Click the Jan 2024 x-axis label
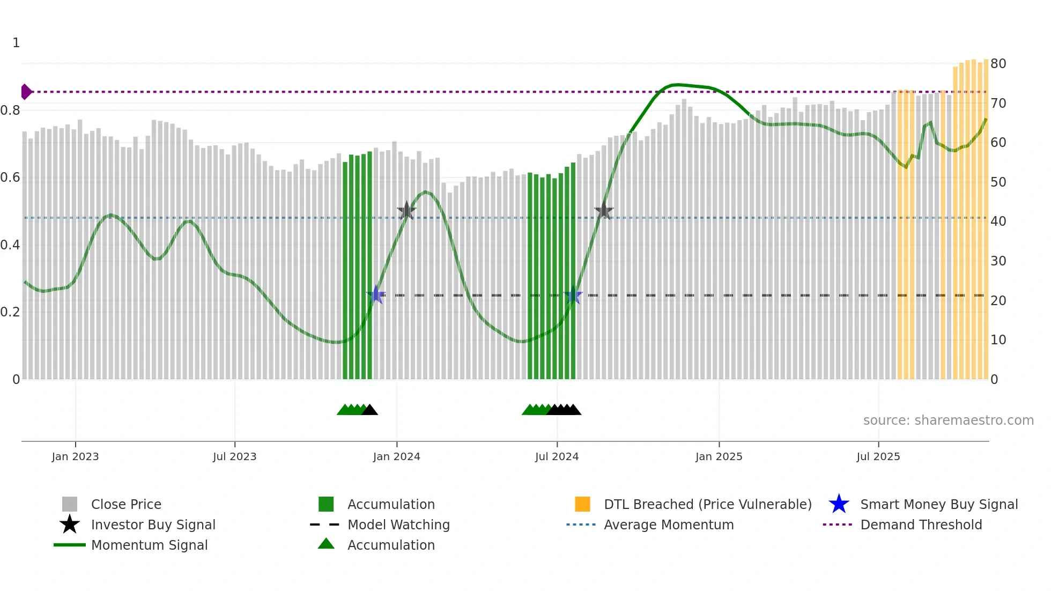point(396,456)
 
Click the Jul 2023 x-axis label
point(234,456)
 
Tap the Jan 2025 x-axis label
point(719,456)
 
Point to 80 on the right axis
point(998,64)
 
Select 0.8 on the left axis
point(10,110)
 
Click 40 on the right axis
point(998,221)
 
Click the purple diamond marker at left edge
point(26,92)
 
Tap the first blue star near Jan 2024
point(376,295)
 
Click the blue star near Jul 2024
point(573,295)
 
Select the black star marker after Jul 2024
point(604,211)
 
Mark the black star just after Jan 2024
point(406,211)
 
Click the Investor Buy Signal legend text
point(153,524)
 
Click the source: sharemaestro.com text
point(948,420)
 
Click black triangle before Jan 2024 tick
point(369,410)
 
